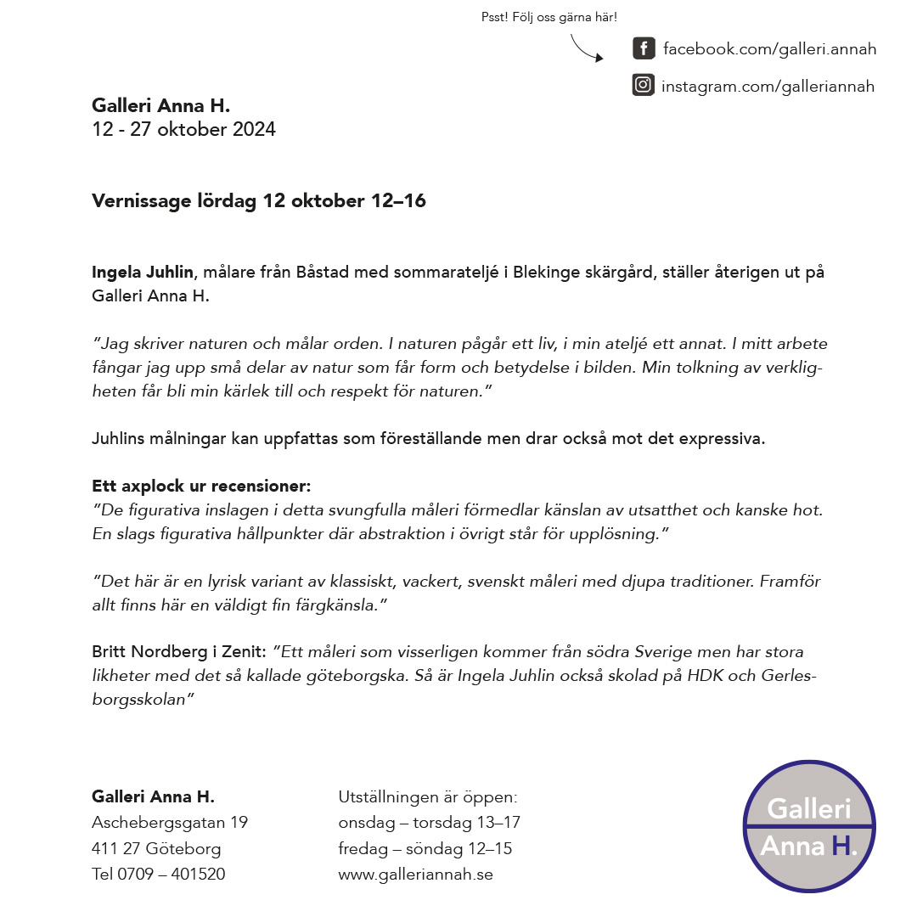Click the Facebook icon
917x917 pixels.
(644, 48)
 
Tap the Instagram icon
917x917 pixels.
(644, 85)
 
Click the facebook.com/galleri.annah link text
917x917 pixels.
(769, 49)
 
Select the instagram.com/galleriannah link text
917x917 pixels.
(768, 86)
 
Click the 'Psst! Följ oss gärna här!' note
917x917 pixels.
(549, 17)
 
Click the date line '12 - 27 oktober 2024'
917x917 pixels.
(183, 130)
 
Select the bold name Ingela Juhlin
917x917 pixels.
(143, 273)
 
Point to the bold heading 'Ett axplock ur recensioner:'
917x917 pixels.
(201, 487)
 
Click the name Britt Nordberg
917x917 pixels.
(154, 652)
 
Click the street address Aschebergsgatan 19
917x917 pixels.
(170, 823)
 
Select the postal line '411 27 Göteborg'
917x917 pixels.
(156, 848)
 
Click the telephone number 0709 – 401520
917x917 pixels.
(172, 874)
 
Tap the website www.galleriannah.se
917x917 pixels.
(415, 874)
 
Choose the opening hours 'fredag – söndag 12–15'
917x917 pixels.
(425, 848)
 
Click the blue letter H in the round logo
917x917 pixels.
(841, 845)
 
